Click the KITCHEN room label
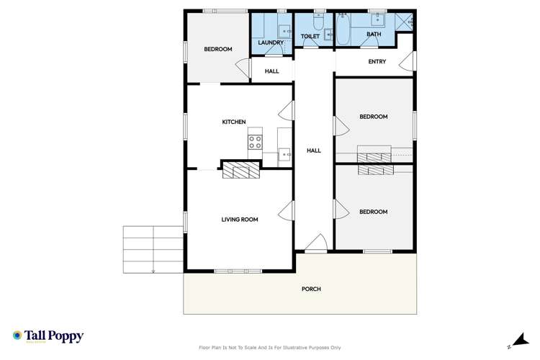tap(234, 122)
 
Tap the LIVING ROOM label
tap(239, 220)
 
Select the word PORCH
tap(312, 289)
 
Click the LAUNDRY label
tap(271, 42)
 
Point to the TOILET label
tap(310, 35)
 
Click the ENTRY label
tap(377, 62)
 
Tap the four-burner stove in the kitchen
tap(256, 141)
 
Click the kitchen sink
tap(284, 153)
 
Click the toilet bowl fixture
tap(327, 33)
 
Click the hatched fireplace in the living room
tap(240, 170)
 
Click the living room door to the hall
tap(287, 210)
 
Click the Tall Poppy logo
tap(48, 336)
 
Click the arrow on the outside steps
tap(153, 271)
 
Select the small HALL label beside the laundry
tap(271, 71)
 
